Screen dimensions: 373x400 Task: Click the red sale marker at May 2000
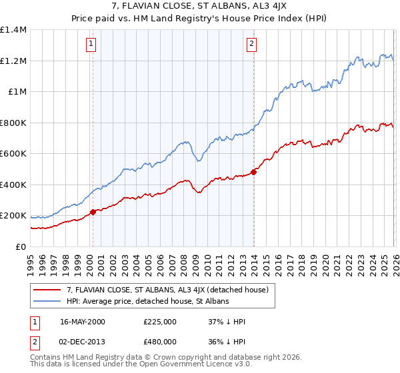click(93, 212)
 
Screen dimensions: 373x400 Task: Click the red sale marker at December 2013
click(254, 172)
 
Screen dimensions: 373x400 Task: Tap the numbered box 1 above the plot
click(91, 45)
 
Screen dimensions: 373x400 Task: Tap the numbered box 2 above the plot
click(251, 45)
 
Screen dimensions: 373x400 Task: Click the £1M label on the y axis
click(17, 92)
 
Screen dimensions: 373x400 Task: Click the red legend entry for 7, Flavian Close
click(167, 290)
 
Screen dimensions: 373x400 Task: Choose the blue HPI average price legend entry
click(147, 302)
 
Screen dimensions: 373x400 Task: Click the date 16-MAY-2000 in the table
click(82, 322)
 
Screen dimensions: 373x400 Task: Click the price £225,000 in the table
click(159, 322)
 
